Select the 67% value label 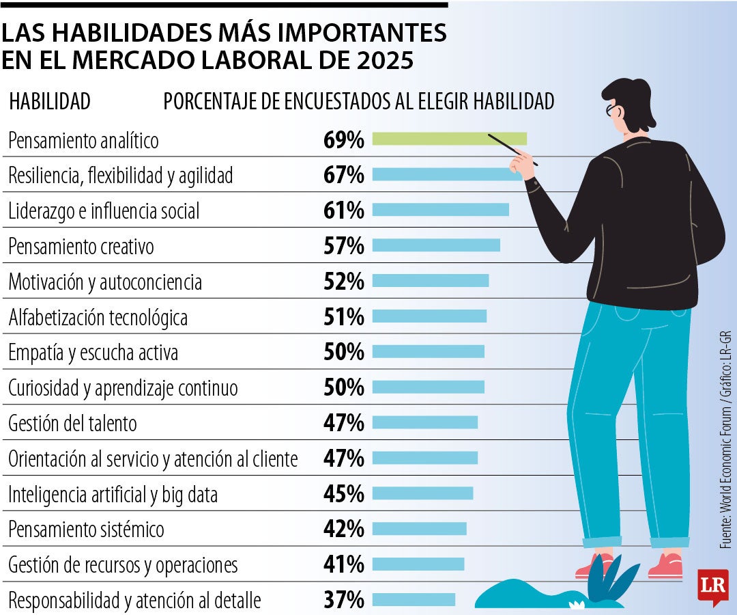click(344, 175)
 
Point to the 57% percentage click(344, 246)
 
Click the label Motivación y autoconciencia click(105, 282)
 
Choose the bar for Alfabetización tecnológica click(429, 316)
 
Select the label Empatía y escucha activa click(93, 353)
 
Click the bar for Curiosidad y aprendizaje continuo click(428, 387)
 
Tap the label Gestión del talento click(72, 424)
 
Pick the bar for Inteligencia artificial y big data click(422, 493)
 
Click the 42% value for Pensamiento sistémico click(344, 529)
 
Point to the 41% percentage click(344, 564)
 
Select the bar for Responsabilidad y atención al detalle click(414, 600)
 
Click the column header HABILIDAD click(49, 102)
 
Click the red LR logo click(712, 586)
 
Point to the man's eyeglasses click(611, 109)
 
